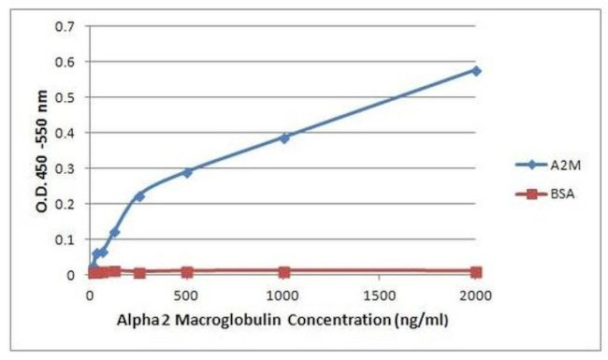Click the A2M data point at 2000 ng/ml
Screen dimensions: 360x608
click(x=476, y=70)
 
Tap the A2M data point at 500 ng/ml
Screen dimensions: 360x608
click(x=187, y=172)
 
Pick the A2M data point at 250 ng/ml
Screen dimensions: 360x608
click(x=139, y=195)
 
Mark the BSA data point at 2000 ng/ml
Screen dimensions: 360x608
click(x=476, y=272)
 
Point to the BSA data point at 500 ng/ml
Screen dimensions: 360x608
click(x=187, y=272)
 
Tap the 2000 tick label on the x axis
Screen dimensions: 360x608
click(x=476, y=296)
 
